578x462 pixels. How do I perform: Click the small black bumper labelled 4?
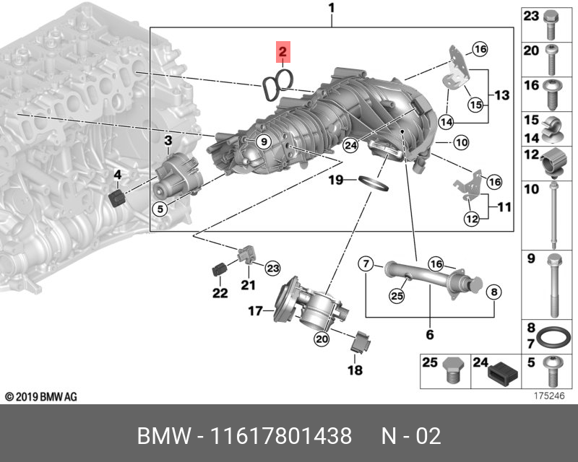(116, 198)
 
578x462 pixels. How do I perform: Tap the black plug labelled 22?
(219, 271)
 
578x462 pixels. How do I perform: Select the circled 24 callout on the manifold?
(350, 145)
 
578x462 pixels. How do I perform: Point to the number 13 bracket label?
(502, 95)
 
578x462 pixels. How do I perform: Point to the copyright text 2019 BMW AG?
(40, 397)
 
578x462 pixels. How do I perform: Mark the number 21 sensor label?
(248, 285)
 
